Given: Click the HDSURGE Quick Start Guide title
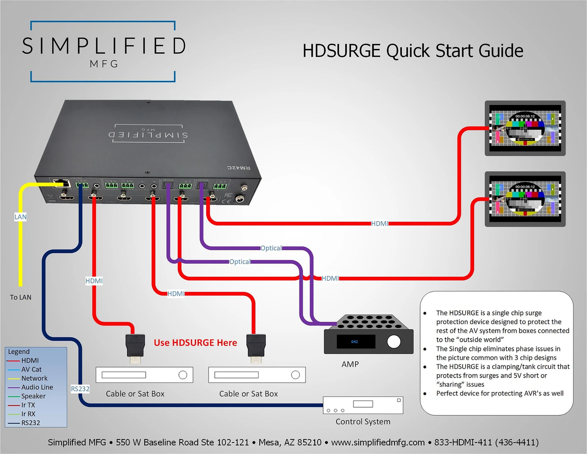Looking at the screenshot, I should [412, 51].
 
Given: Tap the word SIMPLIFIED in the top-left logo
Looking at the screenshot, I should [103, 46].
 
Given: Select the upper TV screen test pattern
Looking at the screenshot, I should [525, 128].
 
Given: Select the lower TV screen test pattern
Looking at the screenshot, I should [525, 198].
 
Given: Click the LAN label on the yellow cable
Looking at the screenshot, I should [21, 217].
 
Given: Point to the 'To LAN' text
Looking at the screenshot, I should [21, 297].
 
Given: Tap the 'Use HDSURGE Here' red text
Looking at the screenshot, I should [195, 343].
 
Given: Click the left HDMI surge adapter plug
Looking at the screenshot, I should [134, 347].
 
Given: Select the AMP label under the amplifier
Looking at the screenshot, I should [350, 363].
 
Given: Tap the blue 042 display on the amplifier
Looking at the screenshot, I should [355, 342].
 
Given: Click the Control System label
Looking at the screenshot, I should [363, 422].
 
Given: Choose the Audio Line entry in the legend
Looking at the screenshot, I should [37, 387].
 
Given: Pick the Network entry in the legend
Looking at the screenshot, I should [34, 378].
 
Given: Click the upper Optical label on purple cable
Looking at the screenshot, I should [271, 248].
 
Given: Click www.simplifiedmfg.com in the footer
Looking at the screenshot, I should [377, 442].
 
